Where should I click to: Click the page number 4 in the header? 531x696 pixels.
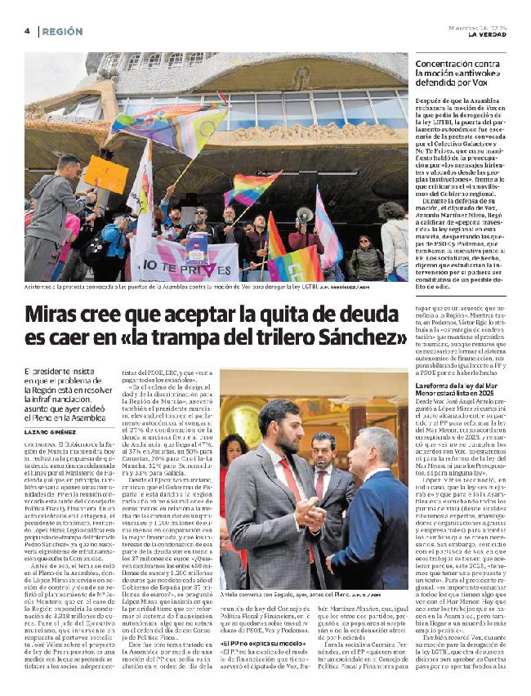(x=26, y=30)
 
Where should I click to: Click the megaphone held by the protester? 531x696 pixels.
(x=305, y=215)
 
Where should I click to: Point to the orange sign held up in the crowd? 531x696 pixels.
(x=106, y=174)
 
